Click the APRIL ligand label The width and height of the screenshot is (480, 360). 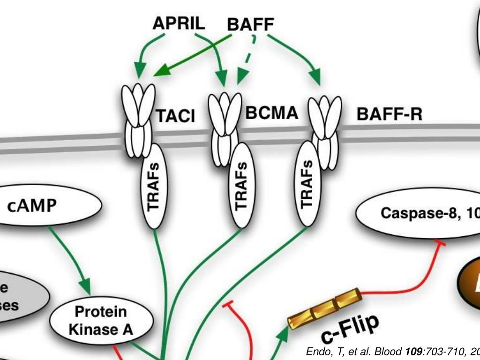click(179, 23)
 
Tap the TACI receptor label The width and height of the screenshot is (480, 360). click(175, 116)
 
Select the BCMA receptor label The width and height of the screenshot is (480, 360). click(271, 113)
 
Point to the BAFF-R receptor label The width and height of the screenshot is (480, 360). click(389, 114)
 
